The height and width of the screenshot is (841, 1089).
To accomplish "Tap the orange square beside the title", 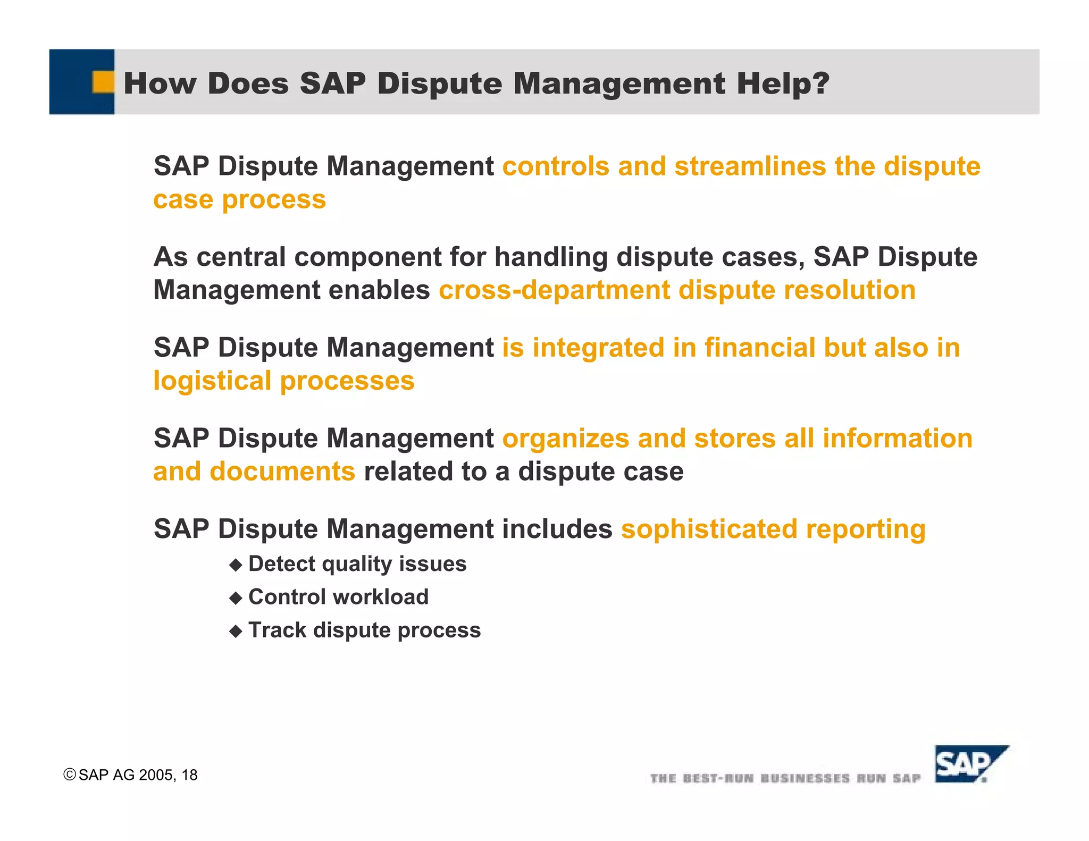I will [103, 82].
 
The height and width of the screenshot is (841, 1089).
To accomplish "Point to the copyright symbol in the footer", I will [69, 775].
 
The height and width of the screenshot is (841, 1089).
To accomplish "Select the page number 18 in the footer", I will [189, 775].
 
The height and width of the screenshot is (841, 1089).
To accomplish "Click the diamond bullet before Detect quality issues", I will [236, 565].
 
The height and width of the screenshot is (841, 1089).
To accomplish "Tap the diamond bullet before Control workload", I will [236, 599].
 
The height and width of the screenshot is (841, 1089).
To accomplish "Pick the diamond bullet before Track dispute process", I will [236, 632].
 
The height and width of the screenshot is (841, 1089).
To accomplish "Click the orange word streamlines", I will [750, 166].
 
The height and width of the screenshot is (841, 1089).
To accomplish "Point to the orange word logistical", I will [212, 381].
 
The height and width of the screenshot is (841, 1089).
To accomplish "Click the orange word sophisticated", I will [709, 529].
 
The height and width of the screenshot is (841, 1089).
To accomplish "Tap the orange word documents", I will [282, 472].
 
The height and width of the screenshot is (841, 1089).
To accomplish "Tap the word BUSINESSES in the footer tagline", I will [805, 778].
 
